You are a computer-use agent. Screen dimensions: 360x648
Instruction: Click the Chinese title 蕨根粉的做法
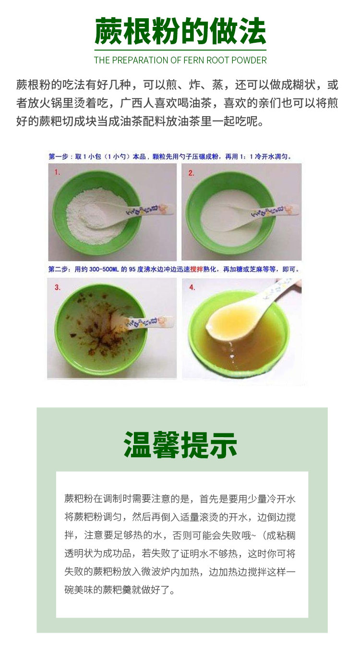(x=180, y=31)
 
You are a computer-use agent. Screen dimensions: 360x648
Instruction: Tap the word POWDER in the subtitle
(x=249, y=60)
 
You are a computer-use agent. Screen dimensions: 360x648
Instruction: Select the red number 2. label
(x=191, y=173)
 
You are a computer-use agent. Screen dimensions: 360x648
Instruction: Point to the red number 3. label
(x=57, y=287)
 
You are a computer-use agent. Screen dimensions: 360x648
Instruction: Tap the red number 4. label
(x=192, y=287)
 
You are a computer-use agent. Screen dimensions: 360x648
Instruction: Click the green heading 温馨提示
(x=180, y=445)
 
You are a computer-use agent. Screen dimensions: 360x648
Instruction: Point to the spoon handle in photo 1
(x=150, y=210)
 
